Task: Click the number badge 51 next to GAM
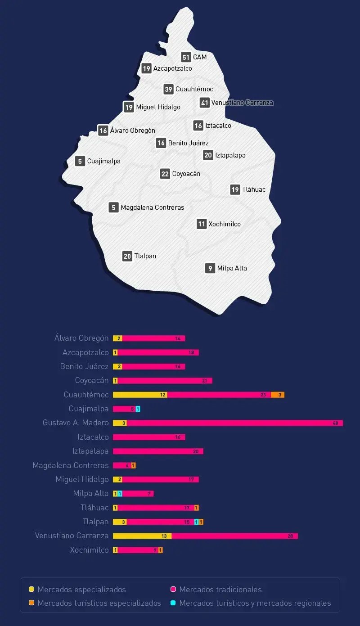click(186, 57)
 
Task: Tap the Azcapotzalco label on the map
click(172, 68)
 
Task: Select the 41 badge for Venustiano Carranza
click(205, 103)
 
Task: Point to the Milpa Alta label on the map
click(232, 268)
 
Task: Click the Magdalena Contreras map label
click(152, 207)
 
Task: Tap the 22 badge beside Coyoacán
click(165, 174)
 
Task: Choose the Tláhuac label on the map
click(254, 189)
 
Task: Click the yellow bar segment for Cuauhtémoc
click(139, 395)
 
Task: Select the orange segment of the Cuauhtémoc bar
click(278, 395)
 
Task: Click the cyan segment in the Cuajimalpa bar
click(138, 409)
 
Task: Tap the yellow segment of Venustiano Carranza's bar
click(142, 536)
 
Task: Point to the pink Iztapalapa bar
click(157, 451)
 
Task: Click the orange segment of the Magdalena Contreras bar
click(133, 465)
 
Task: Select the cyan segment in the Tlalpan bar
click(196, 522)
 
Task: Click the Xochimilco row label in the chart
click(89, 550)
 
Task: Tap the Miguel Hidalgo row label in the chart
click(82, 479)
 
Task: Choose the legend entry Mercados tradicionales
click(220, 590)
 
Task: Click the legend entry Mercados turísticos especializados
click(99, 603)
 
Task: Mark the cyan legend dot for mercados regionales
click(173, 603)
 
